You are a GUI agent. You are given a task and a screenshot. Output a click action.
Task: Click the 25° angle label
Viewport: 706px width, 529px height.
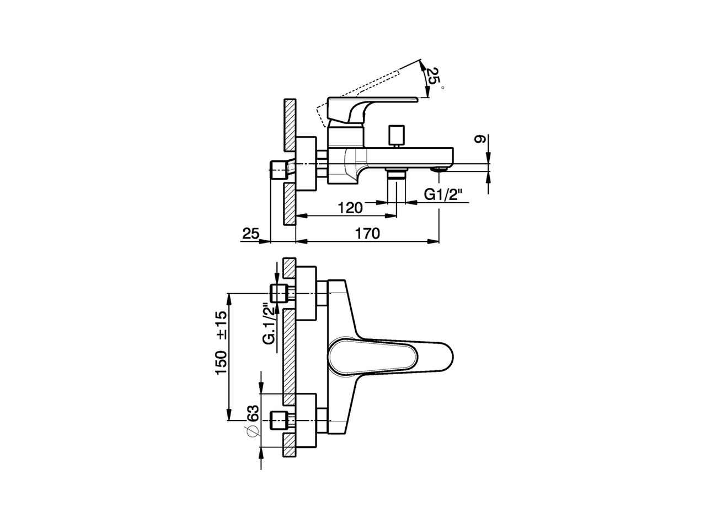coord(434,78)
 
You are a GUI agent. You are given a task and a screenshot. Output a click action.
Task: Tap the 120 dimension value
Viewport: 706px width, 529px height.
coord(350,208)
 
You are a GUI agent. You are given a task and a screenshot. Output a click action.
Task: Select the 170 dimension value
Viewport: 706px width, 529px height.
coord(368,234)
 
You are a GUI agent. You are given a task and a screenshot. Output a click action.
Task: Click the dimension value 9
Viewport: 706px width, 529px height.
coord(480,140)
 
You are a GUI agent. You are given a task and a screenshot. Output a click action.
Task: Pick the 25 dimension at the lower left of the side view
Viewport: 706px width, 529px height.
coord(250,234)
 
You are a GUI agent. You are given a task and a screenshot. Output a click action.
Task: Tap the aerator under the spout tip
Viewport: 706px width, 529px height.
coord(440,169)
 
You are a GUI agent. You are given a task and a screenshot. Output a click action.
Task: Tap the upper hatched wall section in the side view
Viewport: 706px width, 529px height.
coord(290,125)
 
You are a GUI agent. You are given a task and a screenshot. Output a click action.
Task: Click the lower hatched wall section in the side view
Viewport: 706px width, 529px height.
coord(290,204)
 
